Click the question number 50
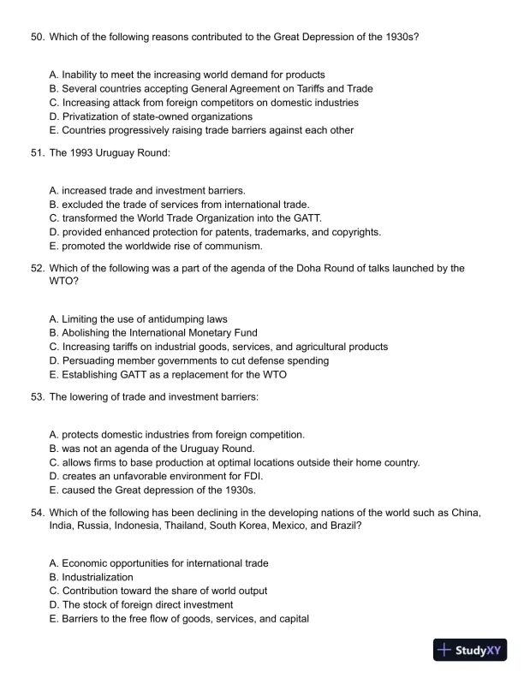pos(37,38)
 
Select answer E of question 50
pos(201,130)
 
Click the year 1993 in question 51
pos(78,153)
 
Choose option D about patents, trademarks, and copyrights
pos(215,232)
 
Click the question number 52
pos(37,268)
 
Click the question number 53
pos(37,397)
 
